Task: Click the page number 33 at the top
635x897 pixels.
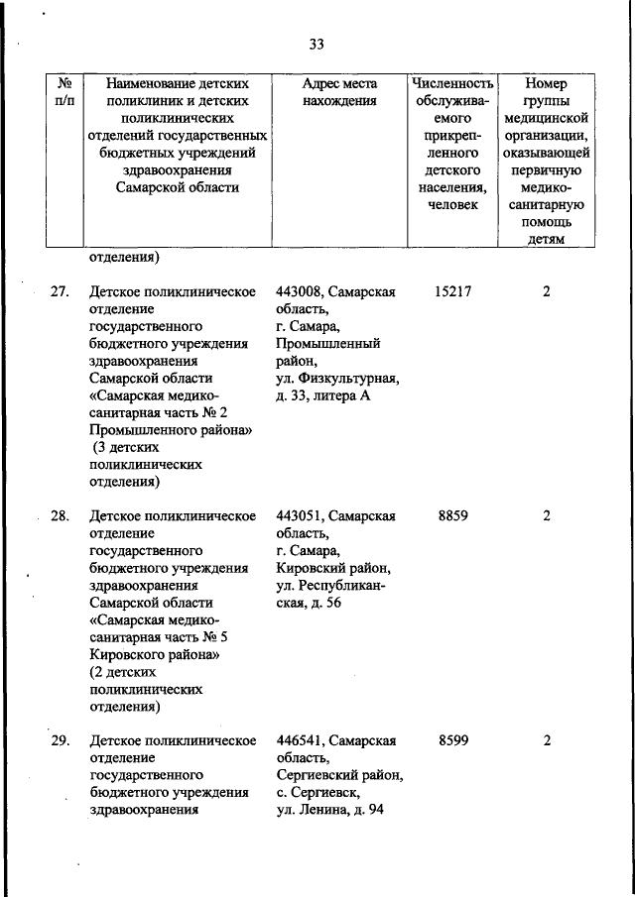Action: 317,44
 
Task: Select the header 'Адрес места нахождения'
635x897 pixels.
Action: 339,91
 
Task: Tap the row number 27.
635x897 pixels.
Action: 60,292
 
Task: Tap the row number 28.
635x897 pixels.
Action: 60,516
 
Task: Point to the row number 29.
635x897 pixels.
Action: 60,740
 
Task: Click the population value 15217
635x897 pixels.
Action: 451,292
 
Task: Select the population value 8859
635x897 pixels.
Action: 451,516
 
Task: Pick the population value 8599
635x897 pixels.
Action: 451,740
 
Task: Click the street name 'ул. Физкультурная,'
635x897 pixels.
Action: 337,379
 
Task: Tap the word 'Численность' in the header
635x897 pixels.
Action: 451,83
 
